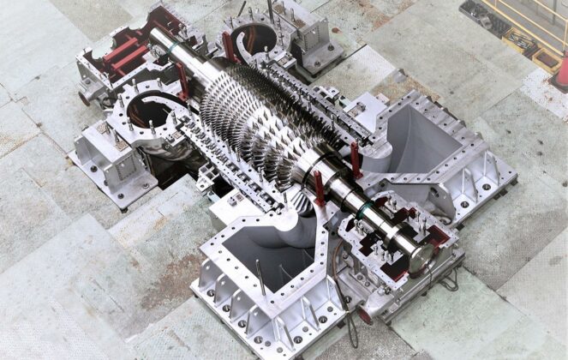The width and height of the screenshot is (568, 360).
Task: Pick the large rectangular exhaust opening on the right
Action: (427, 145)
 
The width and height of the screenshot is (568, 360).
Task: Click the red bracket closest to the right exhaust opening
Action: (355, 159)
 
